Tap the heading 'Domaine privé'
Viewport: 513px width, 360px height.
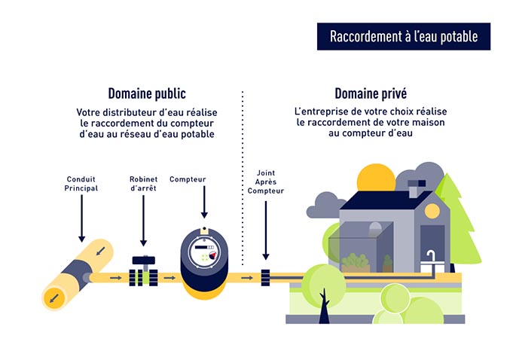click(371, 94)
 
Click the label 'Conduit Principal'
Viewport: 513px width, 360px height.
click(81, 183)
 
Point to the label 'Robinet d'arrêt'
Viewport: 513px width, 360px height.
click(142, 183)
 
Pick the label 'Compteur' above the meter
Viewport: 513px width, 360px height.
click(188, 179)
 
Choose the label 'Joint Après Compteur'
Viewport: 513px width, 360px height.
click(265, 182)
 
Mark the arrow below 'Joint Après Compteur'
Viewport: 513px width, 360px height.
click(265, 230)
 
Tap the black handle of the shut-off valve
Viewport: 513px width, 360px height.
click(142, 261)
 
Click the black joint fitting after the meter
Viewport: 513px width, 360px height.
click(265, 276)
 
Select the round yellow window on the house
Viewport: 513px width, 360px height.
click(432, 211)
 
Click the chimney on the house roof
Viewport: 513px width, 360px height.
click(417, 188)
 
